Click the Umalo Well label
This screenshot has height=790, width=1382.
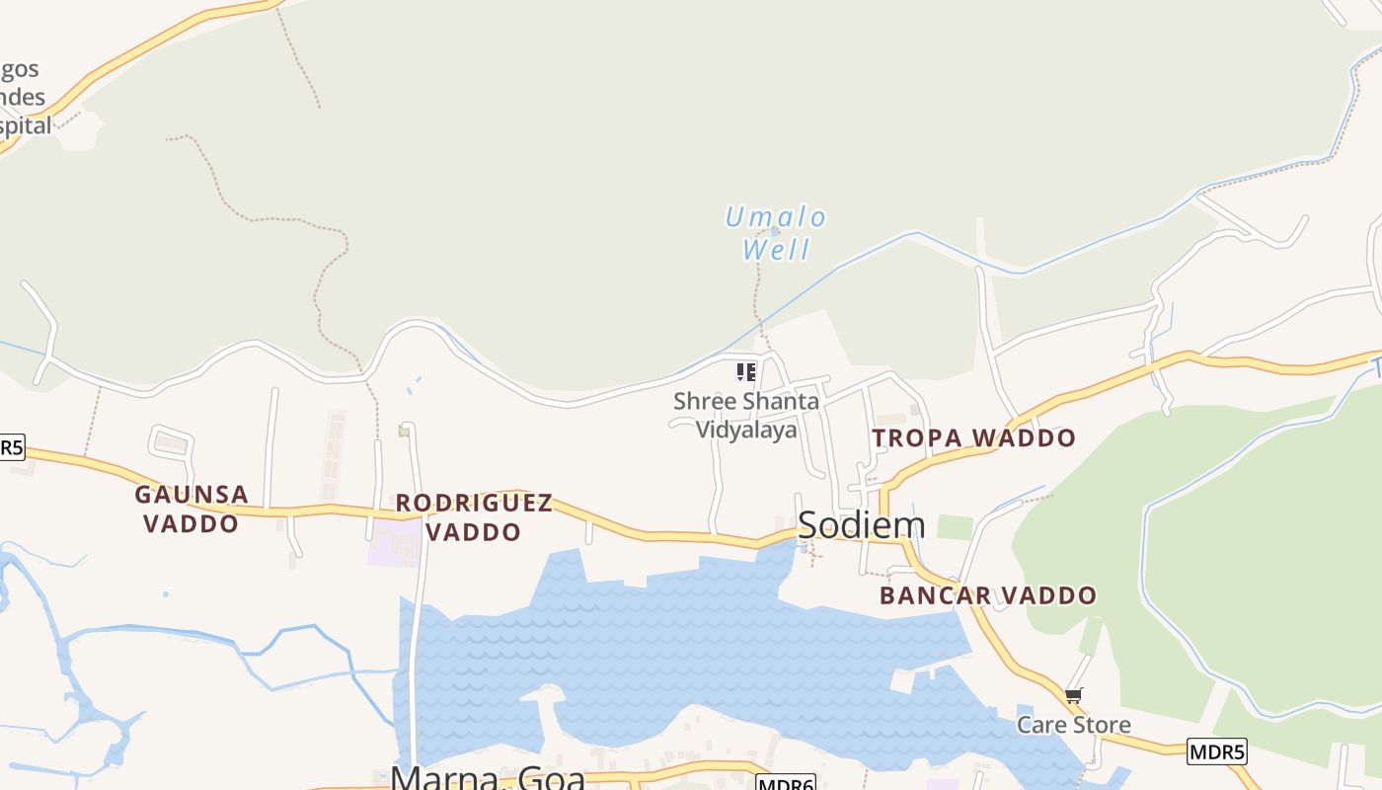(x=776, y=232)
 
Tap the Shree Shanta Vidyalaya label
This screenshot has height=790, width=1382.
(x=746, y=416)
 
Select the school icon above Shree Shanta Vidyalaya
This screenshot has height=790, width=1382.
(x=746, y=372)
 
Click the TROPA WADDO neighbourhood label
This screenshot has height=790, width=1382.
(x=974, y=437)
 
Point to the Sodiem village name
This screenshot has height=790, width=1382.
(x=861, y=525)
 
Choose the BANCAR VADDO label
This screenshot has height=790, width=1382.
(x=988, y=595)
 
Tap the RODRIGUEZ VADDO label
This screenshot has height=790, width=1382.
(x=474, y=516)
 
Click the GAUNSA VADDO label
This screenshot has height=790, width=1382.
(x=192, y=508)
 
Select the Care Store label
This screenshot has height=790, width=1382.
(x=1074, y=725)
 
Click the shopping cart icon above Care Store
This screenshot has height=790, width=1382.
(x=1074, y=696)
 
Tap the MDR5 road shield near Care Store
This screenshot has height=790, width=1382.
(x=1217, y=751)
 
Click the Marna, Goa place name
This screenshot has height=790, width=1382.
(x=488, y=776)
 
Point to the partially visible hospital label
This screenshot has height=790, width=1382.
(x=24, y=97)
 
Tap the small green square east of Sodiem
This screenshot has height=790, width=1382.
(x=955, y=527)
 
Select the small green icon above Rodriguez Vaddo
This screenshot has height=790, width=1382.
(x=403, y=431)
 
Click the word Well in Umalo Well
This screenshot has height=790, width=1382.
(x=777, y=249)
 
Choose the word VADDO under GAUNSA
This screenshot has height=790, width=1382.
(x=192, y=523)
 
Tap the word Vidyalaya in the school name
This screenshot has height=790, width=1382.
(x=746, y=430)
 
